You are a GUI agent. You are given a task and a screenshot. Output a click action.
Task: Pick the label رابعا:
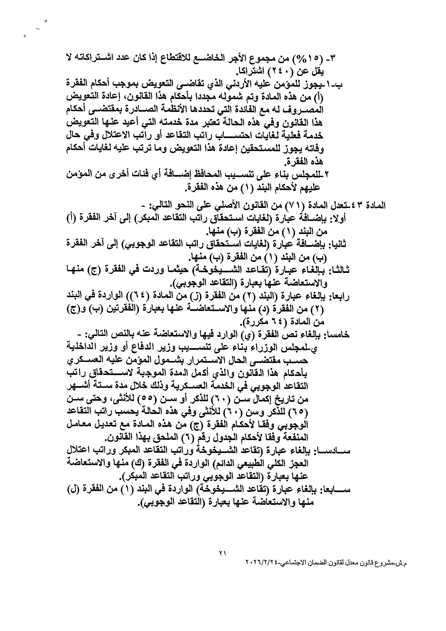click(340, 296)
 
